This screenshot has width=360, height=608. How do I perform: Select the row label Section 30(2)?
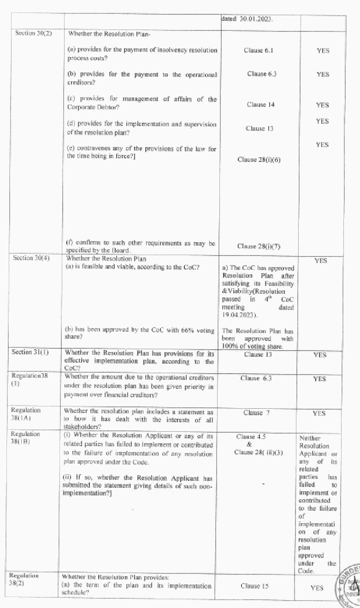point(32,34)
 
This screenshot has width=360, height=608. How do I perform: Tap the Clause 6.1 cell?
point(258,50)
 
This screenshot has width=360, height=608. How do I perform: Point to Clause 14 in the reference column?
point(260,105)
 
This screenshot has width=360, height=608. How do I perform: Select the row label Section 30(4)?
point(32,258)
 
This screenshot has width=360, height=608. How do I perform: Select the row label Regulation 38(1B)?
point(25,438)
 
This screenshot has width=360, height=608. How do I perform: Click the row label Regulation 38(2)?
point(24,579)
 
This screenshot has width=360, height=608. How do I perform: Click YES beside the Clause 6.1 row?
point(323,51)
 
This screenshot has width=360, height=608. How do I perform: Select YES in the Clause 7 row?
point(319,413)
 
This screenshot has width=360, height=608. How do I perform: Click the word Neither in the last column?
point(310,438)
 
